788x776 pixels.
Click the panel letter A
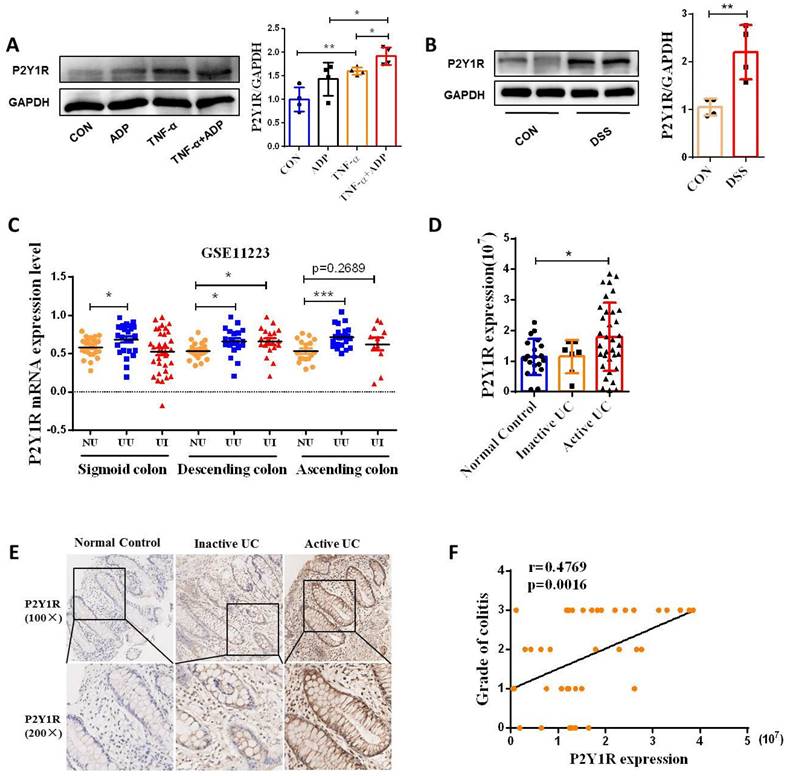(13, 45)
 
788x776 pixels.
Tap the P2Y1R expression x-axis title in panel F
(629, 760)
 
